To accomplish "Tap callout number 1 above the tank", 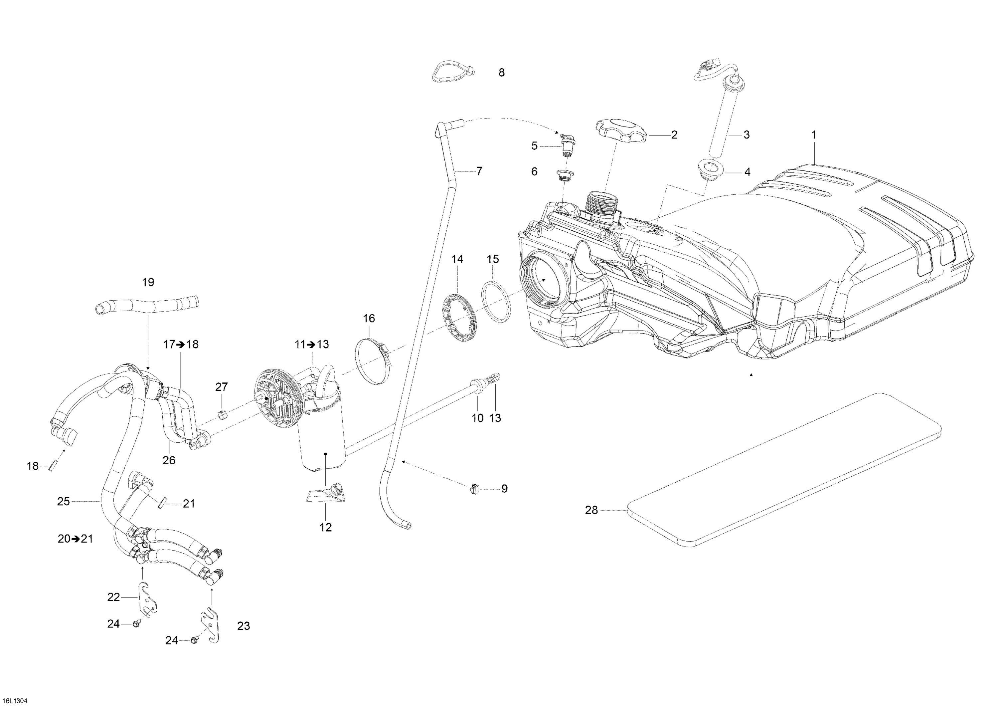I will (814, 135).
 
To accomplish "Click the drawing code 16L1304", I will (14, 701).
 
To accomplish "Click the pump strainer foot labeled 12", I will (325, 495).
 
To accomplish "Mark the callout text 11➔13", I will (312, 345).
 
